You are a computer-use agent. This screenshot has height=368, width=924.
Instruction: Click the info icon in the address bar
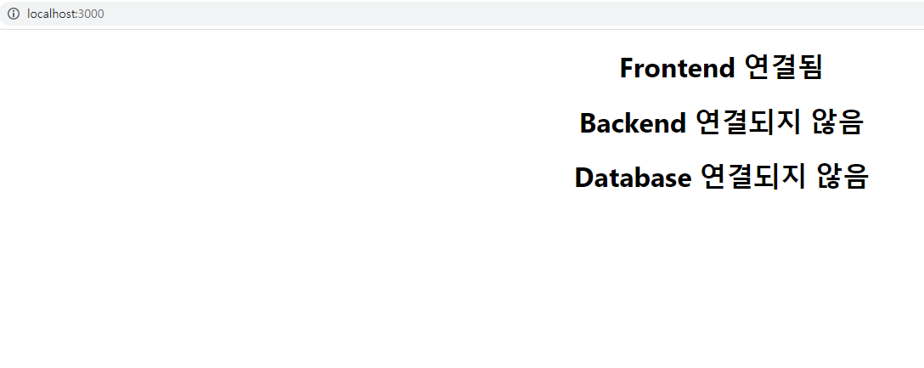coord(13,14)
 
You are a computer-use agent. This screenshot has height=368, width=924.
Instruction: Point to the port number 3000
coord(91,14)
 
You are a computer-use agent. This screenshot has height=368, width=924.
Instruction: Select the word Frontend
coord(677,68)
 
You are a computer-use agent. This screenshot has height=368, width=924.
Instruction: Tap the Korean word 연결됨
coord(782,68)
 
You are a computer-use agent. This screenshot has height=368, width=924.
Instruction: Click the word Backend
coord(633,123)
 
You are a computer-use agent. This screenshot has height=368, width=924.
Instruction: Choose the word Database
coord(633,178)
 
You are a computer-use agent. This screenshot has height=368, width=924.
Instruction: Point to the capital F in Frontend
coord(628,68)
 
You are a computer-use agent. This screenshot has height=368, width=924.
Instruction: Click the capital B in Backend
coord(589,123)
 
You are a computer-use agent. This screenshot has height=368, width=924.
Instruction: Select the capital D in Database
coord(584,178)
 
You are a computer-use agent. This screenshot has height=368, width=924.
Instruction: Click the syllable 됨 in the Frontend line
coord(809,68)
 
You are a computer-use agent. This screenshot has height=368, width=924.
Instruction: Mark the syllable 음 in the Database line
coord(855,178)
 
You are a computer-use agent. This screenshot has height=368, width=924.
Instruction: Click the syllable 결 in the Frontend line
coord(782,68)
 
